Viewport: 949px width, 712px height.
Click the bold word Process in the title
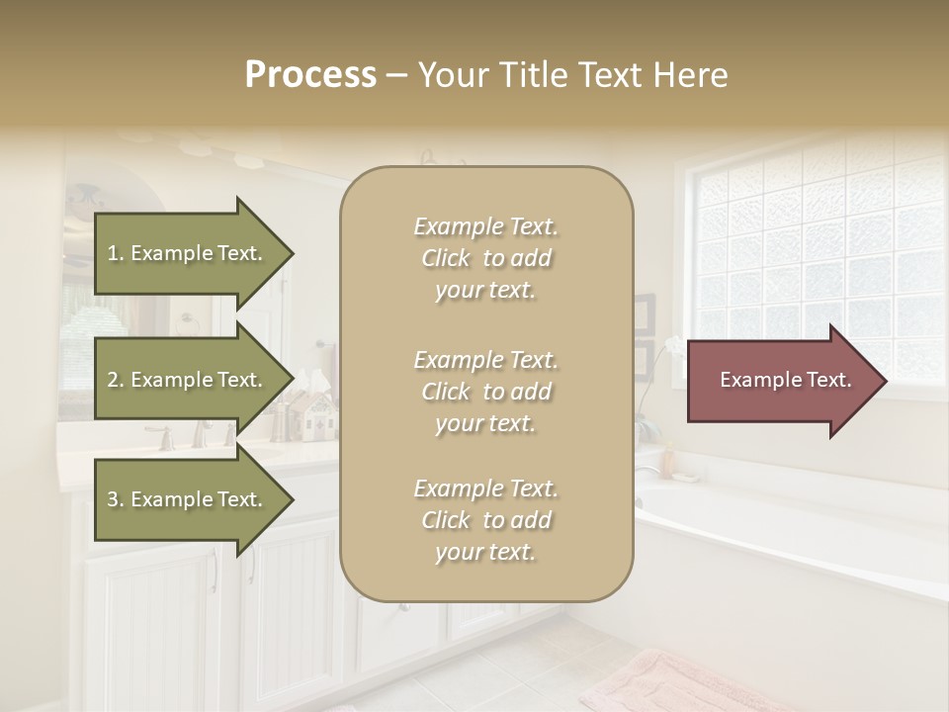(310, 75)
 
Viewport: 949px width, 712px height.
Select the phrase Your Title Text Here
(572, 75)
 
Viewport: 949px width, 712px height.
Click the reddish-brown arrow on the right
(786, 380)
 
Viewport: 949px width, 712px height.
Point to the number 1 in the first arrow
(113, 253)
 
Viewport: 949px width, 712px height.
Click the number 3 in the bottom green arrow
(113, 499)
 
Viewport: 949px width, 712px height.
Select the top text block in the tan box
(485, 258)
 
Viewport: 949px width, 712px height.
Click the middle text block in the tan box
(485, 392)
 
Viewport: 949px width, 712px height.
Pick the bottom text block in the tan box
(485, 520)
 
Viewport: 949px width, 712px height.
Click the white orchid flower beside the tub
(673, 346)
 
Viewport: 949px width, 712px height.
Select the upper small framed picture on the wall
(645, 313)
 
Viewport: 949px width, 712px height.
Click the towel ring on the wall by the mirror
(185, 322)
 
